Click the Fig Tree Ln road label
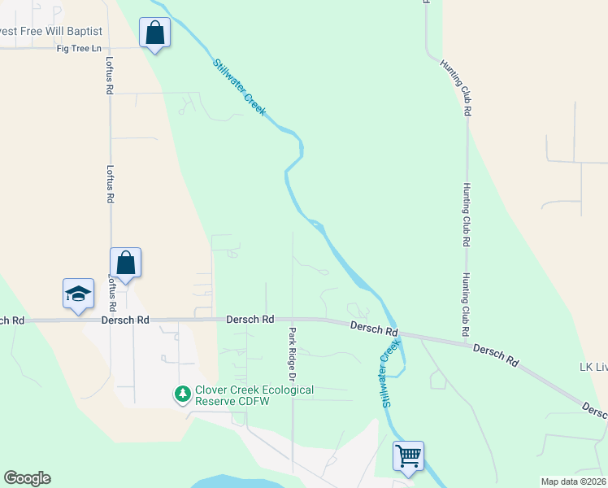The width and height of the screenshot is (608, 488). (x=79, y=49)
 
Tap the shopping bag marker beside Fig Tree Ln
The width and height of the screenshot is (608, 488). (x=154, y=33)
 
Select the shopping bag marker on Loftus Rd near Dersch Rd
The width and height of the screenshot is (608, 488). (x=126, y=263)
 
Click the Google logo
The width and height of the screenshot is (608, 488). (x=27, y=478)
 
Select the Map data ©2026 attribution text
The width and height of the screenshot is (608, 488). (x=573, y=481)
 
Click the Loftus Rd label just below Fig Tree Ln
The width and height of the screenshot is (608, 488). (x=109, y=75)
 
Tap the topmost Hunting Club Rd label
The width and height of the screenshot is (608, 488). (x=455, y=87)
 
